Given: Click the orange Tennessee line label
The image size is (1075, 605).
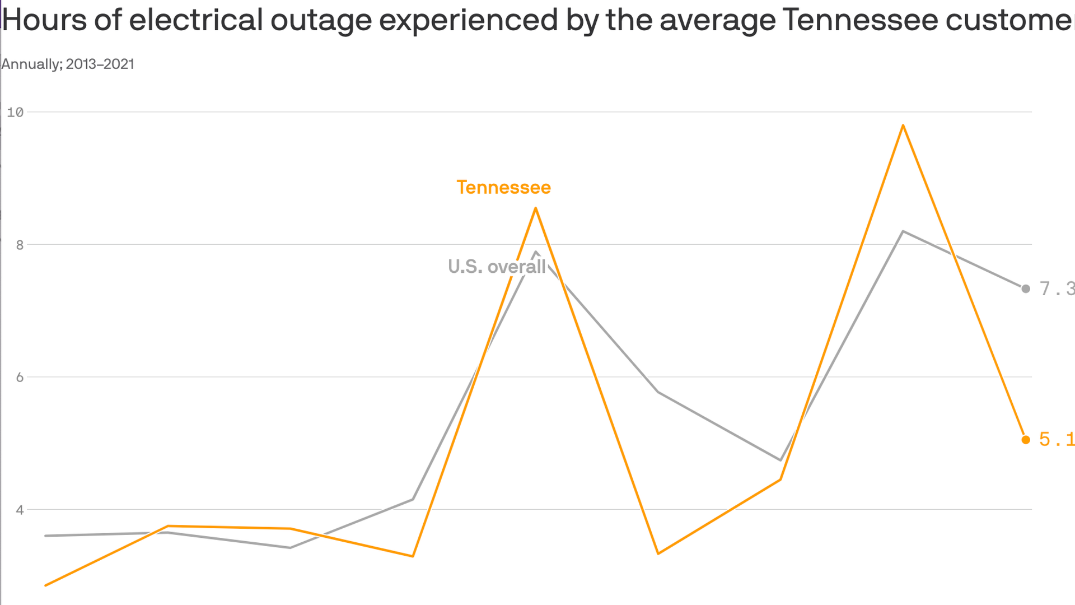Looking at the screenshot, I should coord(503,188).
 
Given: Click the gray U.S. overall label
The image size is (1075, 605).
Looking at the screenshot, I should coord(497,267).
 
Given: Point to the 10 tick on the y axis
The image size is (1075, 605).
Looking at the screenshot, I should coord(15,112).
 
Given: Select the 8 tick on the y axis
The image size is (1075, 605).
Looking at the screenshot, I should coord(20,245).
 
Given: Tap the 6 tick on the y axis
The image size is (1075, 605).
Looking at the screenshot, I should coord(20,377).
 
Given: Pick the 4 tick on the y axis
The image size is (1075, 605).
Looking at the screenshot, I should coord(20,510).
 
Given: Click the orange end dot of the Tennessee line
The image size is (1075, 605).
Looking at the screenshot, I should coord(1026,440).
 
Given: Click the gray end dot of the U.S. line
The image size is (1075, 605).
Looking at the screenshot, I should coord(1026,289).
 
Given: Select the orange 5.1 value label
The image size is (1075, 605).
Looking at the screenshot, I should coord(1057,440).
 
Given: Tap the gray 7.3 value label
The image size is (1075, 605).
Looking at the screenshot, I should coord(1057,289).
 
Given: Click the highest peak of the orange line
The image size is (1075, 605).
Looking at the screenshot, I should coord(903,125).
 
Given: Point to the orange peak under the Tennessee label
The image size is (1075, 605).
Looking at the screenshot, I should coord(536,208).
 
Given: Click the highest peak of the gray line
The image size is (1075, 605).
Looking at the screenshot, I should coord(903,231).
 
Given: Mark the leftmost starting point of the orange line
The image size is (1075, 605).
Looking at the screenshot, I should coord(46,585).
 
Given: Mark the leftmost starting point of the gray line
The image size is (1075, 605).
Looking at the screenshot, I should coord(46,536).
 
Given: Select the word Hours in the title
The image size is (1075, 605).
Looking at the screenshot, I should coord(44,20).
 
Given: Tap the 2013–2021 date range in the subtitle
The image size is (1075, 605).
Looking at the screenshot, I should coord(100,64).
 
